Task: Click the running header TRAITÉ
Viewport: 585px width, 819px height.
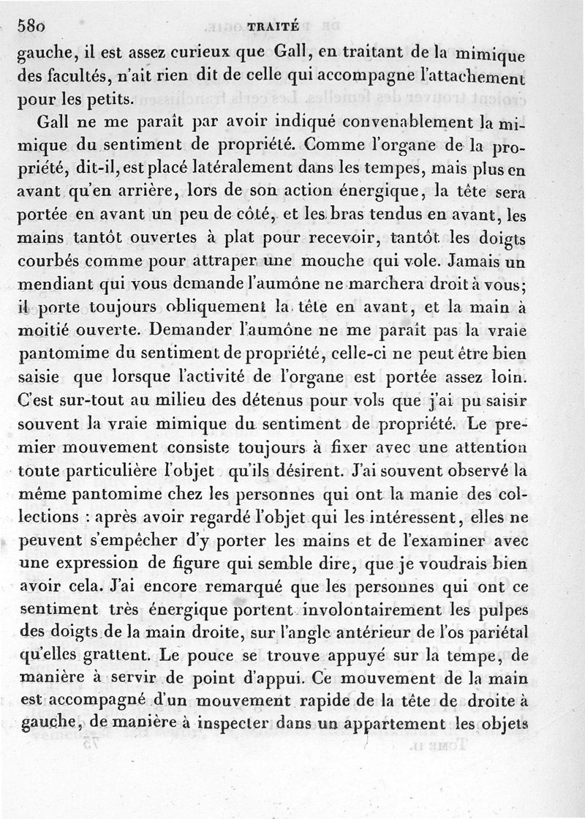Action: click(x=273, y=26)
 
